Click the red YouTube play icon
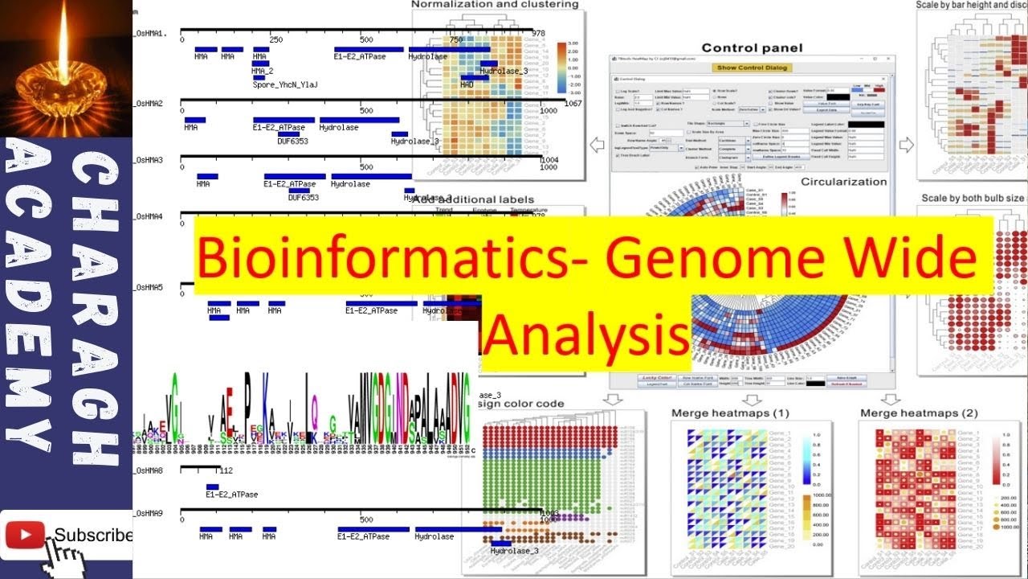[x=24, y=535]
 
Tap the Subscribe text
[x=92, y=536]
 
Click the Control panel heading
[x=752, y=47]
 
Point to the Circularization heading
[x=843, y=182]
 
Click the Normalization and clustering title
[x=495, y=5]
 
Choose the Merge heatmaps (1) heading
[x=730, y=413]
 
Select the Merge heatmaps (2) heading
[x=919, y=413]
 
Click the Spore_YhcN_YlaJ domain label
[x=285, y=84]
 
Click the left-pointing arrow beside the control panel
[x=597, y=145]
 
